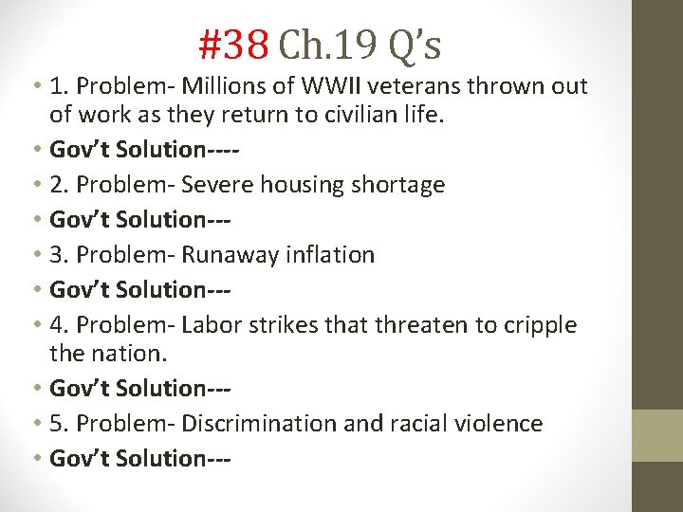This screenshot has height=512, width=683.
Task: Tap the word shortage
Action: (x=402, y=185)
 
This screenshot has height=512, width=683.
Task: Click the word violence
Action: (x=496, y=424)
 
